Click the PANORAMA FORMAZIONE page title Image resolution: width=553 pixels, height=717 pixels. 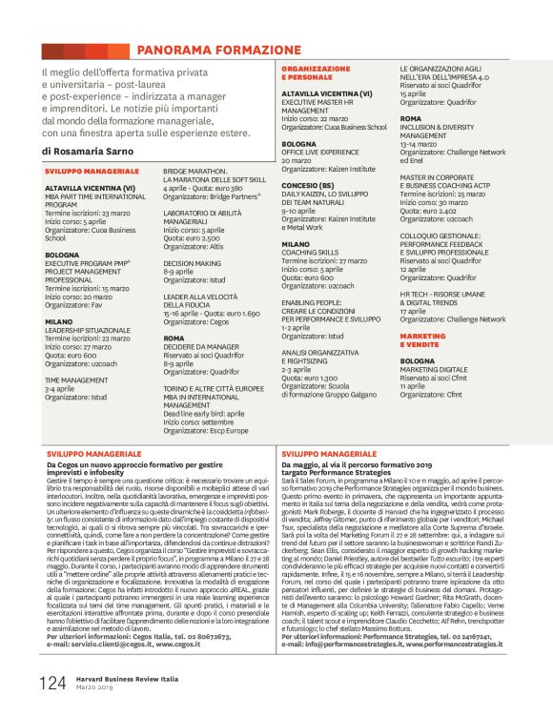218,50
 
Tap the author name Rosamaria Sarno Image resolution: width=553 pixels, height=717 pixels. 99,151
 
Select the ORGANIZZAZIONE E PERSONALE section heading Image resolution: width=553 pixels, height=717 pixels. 316,72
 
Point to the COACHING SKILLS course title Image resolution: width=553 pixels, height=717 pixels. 310,253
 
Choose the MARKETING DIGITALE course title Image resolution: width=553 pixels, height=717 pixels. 434,369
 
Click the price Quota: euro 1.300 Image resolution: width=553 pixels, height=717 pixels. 311,378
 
